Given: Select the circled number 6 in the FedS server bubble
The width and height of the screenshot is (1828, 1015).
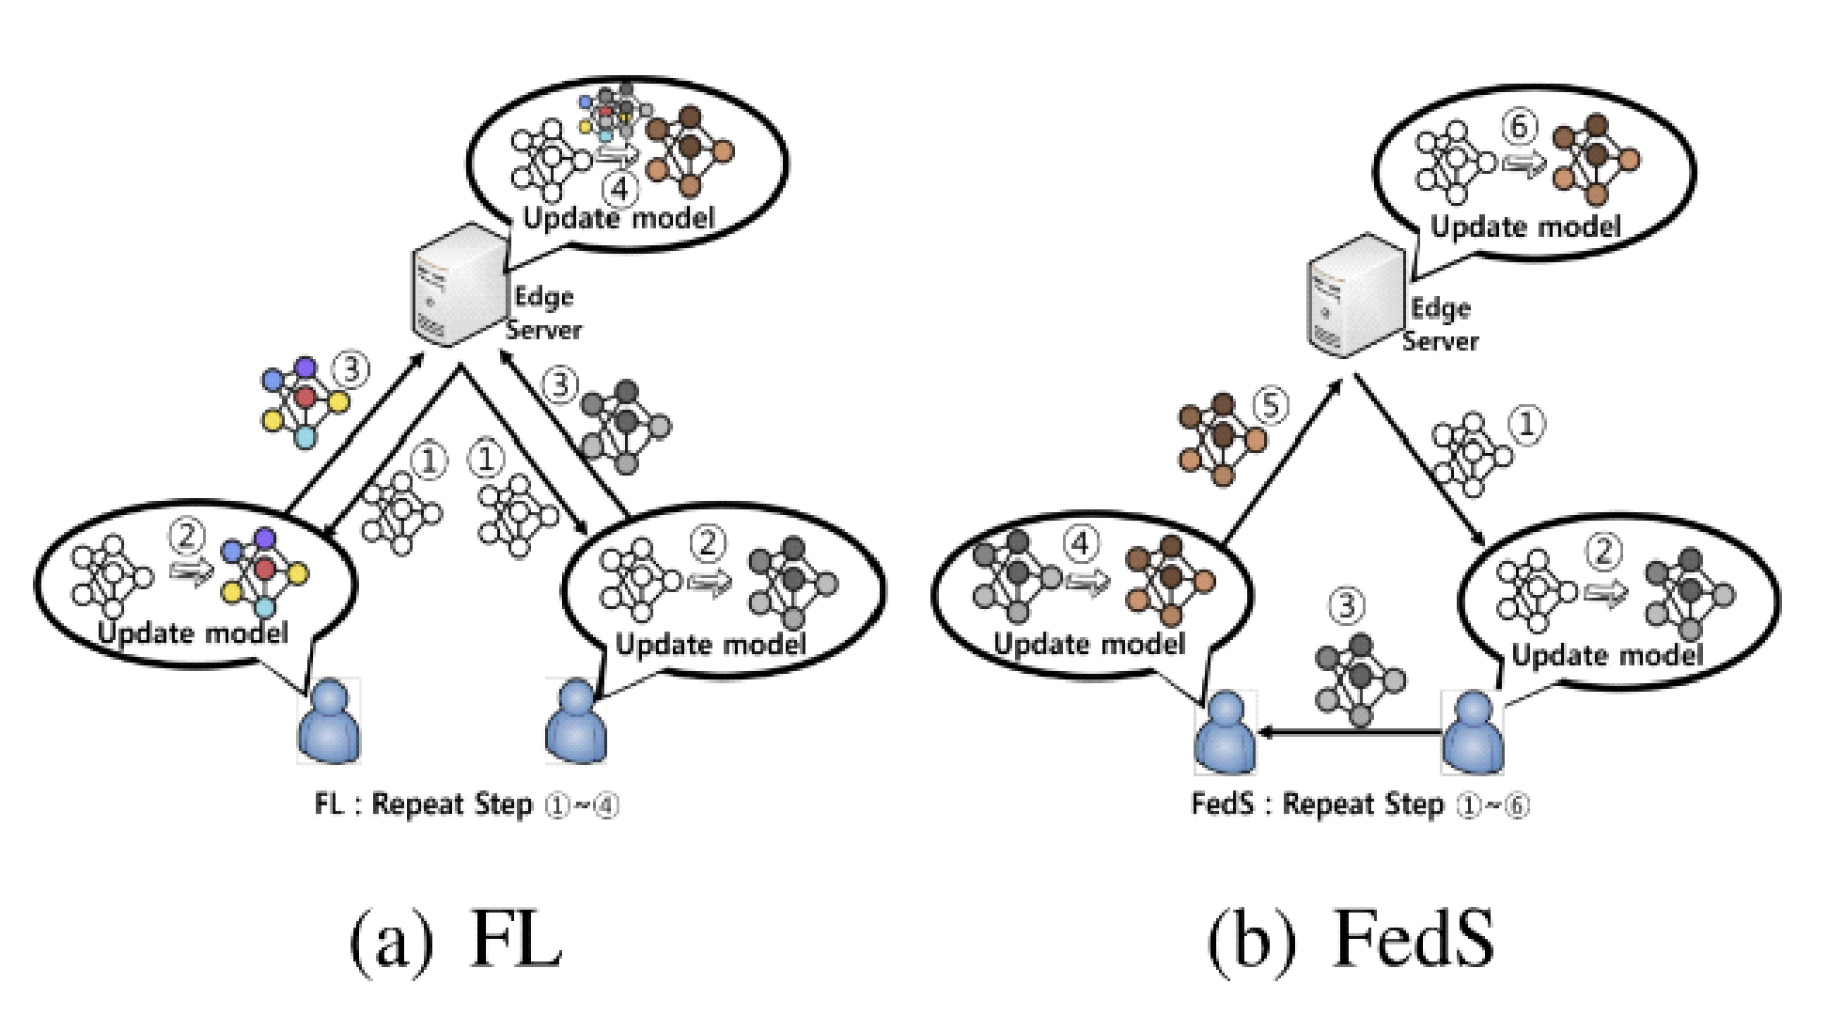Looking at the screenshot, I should coord(1521,126).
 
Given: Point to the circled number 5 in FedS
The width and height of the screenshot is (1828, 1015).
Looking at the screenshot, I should coord(1270,407).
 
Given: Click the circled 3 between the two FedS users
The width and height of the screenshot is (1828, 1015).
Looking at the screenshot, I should coord(1347,605).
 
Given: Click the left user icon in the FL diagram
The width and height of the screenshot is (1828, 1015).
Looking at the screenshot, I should coord(328,721).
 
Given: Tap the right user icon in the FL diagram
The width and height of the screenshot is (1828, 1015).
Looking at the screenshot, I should coord(576,721).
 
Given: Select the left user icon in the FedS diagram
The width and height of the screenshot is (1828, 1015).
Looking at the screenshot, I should coord(1225,733).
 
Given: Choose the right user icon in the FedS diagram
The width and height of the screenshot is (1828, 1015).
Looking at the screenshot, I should coord(1473,733).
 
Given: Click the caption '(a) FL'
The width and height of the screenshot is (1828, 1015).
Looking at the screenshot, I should coord(458,940).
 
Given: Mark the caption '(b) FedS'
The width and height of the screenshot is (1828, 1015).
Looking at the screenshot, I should coord(1351,940).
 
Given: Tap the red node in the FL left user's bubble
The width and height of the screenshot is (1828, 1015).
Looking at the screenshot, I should coord(266,570).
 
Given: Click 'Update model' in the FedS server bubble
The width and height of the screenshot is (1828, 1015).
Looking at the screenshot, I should coord(1525,227).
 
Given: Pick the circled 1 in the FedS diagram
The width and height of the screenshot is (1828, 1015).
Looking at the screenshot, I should coord(1526,426).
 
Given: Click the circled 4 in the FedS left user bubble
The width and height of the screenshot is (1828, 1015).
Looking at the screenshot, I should coord(1081,543).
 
